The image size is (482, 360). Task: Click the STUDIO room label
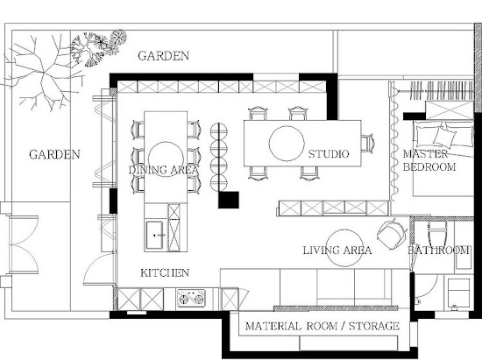(x=329, y=154)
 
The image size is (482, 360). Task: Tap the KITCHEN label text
(x=165, y=272)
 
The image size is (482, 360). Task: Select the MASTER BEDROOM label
(x=429, y=160)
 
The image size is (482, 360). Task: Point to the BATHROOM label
(x=438, y=251)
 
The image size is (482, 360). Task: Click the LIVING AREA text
(x=337, y=251)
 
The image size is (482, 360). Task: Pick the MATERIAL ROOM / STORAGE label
(x=323, y=326)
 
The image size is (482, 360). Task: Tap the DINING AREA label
(x=163, y=170)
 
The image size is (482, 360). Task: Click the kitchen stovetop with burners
(x=191, y=298)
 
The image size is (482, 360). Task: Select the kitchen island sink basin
(x=154, y=235)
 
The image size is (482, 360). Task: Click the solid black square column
(x=229, y=200)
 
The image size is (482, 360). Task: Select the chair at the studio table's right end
(x=367, y=143)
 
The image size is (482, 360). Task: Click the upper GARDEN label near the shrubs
(x=163, y=56)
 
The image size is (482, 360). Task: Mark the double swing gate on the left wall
(x=24, y=244)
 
